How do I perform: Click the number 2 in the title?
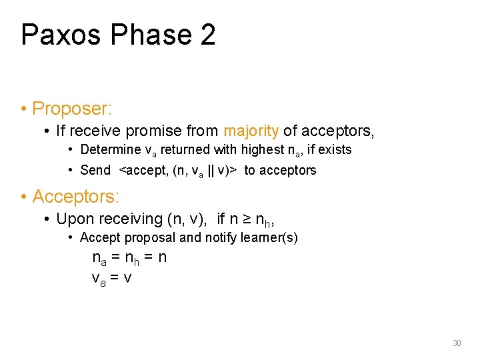[x=207, y=35]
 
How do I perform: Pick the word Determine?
[x=110, y=150]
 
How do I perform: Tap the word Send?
[x=95, y=170]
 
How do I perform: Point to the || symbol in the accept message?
[x=211, y=170]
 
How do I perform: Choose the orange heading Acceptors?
[x=75, y=197]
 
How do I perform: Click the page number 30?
[x=457, y=343]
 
